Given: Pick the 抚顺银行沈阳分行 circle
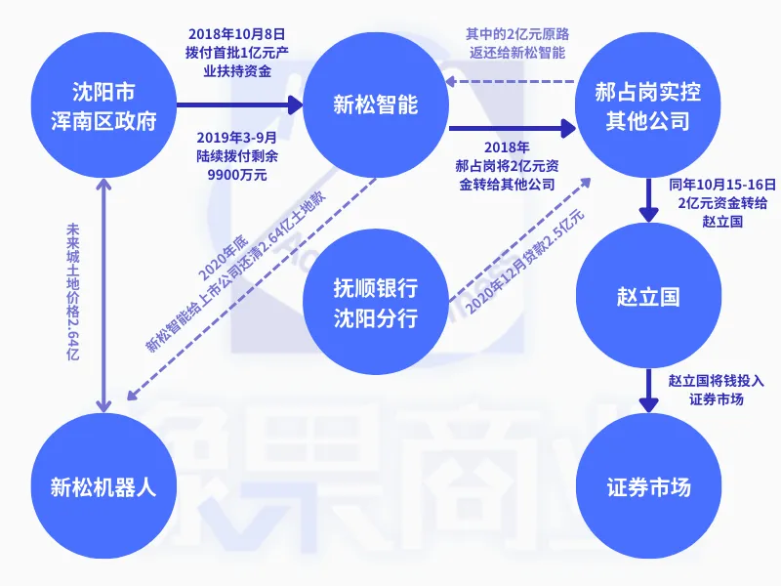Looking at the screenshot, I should point(375,303).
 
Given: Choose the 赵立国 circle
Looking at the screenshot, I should point(648,296).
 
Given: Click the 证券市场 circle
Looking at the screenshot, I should point(648,485).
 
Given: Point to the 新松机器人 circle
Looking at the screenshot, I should point(103,485).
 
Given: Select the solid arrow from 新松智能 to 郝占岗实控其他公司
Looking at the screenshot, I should point(513,128).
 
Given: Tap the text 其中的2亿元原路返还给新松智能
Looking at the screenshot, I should point(514,44).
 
